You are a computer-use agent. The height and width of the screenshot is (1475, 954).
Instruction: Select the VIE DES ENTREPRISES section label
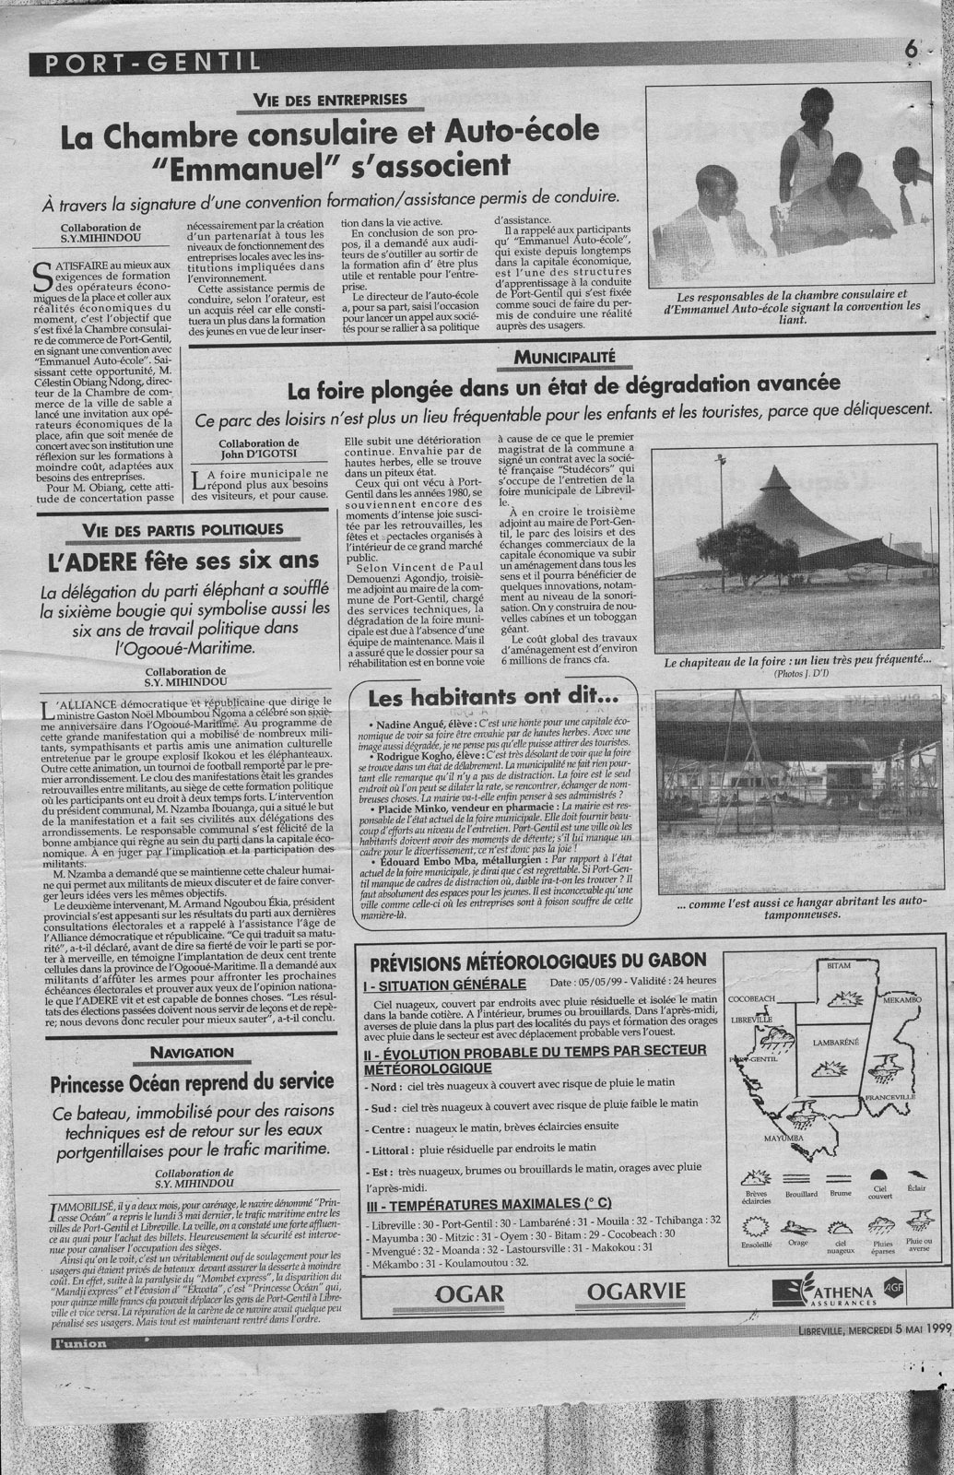330,100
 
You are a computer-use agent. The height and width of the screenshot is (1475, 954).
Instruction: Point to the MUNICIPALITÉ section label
564,354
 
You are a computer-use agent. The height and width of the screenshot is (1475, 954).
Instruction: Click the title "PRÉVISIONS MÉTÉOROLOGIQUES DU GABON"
538,963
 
